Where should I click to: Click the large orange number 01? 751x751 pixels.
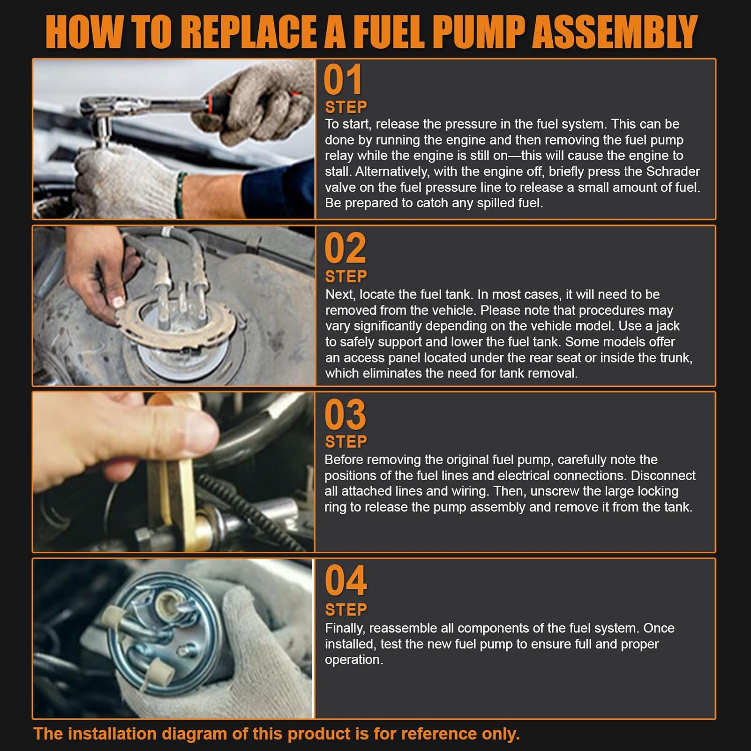coord(342,80)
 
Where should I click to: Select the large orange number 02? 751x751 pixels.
coord(345,249)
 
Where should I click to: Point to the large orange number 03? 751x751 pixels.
coord(345,415)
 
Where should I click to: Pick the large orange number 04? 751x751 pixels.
coord(345,581)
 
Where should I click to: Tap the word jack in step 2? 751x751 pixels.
coord(667,326)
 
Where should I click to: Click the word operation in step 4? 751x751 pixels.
coord(353,660)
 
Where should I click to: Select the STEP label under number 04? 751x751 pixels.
coord(346,610)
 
